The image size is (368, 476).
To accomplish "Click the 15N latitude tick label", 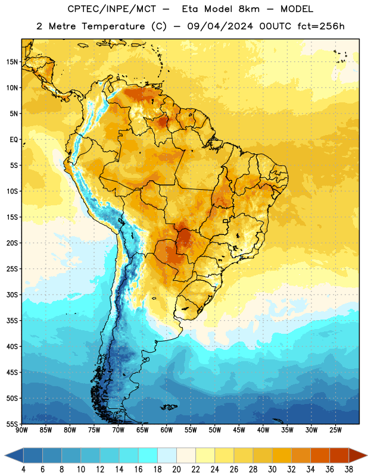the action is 12,62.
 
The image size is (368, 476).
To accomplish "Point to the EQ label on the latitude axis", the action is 14,140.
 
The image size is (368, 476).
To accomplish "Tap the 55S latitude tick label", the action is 12,424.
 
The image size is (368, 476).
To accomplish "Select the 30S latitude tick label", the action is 12,295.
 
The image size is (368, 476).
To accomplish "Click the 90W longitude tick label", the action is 21,430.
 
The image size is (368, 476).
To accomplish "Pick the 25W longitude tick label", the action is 335,430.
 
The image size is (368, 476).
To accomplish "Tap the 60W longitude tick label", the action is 167,430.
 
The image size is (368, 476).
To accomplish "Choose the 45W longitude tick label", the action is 239,430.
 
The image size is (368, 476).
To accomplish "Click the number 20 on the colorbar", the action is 176,469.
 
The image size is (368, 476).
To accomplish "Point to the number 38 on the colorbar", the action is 349,469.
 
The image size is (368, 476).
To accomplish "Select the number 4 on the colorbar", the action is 23,469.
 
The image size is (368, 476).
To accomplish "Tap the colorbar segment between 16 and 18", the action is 148,456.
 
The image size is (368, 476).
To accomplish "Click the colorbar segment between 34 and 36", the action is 320,456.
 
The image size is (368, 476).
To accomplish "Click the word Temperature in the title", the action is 113,26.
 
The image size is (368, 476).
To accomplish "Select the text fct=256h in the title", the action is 321,26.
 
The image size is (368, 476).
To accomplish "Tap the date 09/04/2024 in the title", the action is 220,26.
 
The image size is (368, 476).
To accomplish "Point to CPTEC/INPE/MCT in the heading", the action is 111,9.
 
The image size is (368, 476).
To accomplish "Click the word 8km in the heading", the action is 249,9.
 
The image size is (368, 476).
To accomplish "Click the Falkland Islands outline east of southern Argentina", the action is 169,407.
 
